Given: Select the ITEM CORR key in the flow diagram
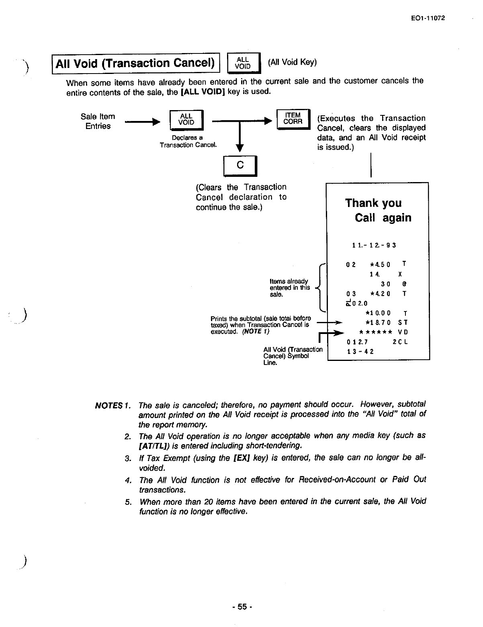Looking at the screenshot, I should coord(293,119).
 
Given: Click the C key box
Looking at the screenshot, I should coord(240,165).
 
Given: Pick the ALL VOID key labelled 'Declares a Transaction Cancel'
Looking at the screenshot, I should coord(186,120).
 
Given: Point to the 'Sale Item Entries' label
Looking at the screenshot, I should coord(98,121).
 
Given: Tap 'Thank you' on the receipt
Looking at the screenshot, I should coord(373,203).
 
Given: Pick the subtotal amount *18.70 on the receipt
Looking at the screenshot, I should coord(378,322).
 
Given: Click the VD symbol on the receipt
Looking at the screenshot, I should coord(403,332).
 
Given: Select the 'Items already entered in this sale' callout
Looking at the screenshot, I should coord(289,288).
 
